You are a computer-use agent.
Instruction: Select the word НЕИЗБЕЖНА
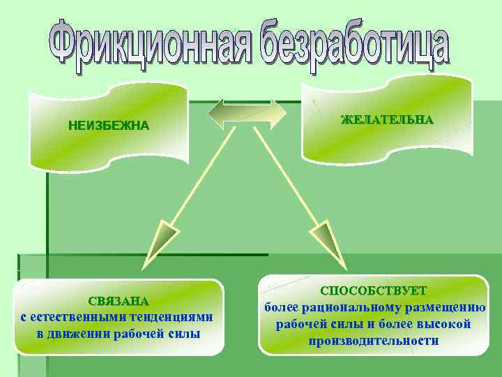pos(108,126)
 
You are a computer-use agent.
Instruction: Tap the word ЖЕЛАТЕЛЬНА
pos(387,120)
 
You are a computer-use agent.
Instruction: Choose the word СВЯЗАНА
pos(119,302)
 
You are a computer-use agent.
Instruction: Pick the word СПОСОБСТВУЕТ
pos(373,290)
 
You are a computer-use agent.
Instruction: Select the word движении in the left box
pos(85,333)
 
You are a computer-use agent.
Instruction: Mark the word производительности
pos(374,341)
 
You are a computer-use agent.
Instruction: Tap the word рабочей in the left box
pos(144,333)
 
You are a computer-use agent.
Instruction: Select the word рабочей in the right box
pos(301,324)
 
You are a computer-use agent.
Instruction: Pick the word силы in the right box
pos(343,324)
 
